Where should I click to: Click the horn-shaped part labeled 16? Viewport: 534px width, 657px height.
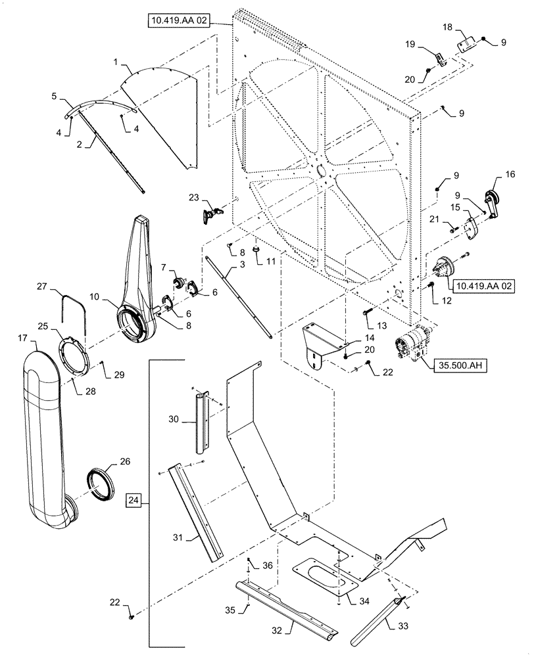[x=491, y=198]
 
